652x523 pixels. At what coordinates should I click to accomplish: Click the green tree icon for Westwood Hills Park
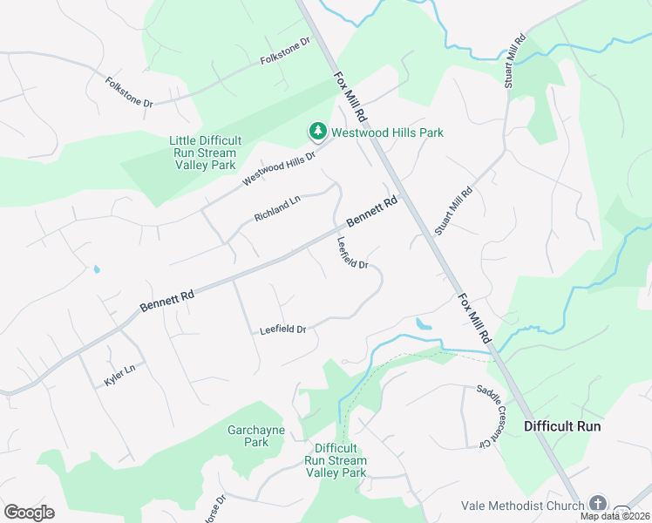tap(317, 132)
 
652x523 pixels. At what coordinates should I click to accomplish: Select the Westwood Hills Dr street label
tap(278, 166)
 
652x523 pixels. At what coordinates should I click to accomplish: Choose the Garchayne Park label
tap(248, 436)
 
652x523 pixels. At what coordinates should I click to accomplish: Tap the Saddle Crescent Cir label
tap(492, 417)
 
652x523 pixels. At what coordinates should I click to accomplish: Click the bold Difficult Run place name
tap(562, 426)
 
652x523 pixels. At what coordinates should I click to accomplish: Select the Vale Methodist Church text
tap(523, 506)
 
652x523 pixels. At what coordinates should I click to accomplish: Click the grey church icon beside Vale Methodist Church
tap(597, 504)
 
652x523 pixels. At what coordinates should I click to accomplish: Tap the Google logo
tap(29, 513)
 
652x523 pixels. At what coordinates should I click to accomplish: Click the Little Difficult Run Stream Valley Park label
tap(205, 153)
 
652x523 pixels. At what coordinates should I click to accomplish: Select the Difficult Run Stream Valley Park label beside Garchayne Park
tap(336, 460)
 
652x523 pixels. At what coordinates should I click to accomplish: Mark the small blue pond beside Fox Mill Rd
tap(424, 323)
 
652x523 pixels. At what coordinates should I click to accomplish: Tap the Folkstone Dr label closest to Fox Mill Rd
tap(285, 52)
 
